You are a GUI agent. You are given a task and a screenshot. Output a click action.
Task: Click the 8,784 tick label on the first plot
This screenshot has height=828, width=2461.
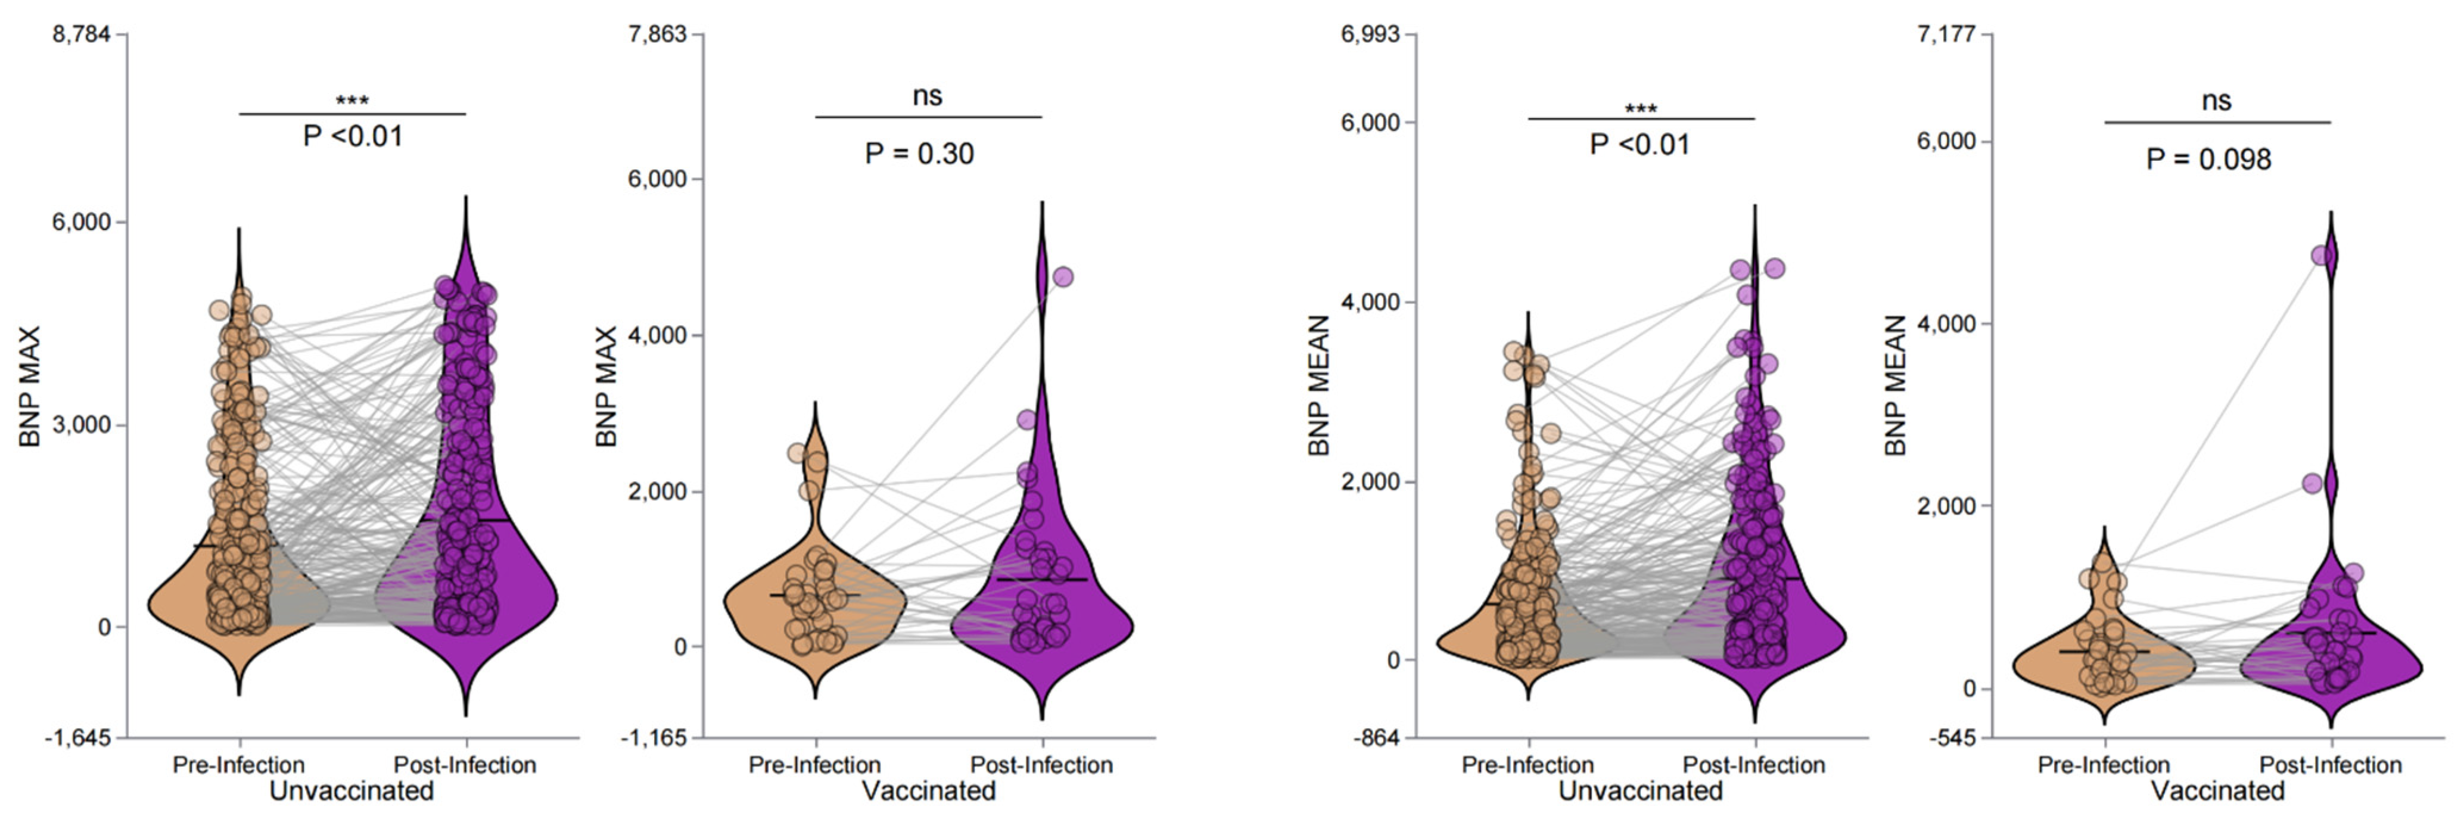point(82,35)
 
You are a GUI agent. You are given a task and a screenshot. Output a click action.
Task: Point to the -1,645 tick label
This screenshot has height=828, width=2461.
point(80,737)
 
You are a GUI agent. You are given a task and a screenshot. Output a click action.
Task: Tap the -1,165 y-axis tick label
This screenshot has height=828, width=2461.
point(655,737)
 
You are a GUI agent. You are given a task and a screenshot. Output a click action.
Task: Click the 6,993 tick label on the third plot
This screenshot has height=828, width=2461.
point(1371,35)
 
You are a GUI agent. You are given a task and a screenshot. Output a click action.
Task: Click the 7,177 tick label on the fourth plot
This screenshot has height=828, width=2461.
point(1948,35)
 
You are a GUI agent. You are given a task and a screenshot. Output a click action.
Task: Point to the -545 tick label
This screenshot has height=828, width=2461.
point(1956,737)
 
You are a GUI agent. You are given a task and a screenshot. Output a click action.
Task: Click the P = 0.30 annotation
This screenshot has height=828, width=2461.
point(919,154)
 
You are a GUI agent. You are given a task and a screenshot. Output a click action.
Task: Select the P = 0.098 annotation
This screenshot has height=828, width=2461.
point(2209,160)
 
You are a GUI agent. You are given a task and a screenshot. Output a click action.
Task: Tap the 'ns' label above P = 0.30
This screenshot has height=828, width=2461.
point(927,95)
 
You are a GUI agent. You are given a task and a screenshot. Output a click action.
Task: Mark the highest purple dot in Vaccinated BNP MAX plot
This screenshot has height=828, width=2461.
point(1062,277)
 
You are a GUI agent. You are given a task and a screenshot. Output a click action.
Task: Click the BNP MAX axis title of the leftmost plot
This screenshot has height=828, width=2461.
point(30,386)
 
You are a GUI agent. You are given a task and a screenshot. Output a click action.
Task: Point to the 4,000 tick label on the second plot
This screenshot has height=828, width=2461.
point(657,335)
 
